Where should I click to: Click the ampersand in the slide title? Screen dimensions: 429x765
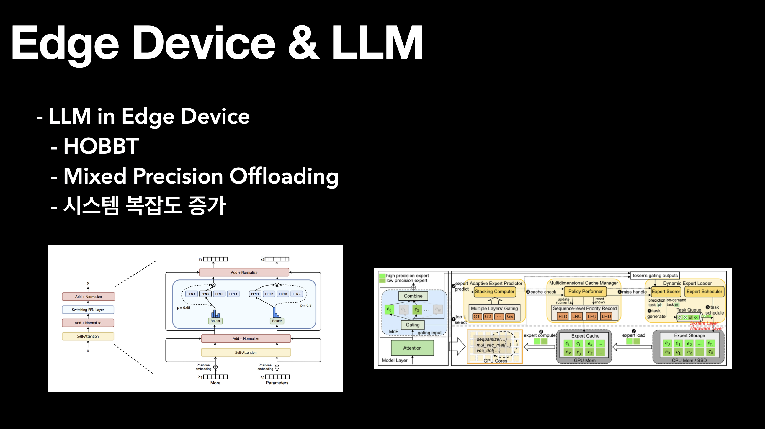pos(303,43)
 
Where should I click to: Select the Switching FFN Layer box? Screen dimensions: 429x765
pos(88,310)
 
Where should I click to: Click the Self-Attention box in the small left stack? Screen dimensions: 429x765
pos(88,336)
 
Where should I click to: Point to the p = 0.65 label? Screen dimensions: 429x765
pos(184,307)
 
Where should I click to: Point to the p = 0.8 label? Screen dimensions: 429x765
pos(306,305)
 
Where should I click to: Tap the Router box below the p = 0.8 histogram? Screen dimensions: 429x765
pos(277,321)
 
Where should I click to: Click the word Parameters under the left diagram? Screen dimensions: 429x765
pos(277,383)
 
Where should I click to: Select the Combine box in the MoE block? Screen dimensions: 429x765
pos(413,296)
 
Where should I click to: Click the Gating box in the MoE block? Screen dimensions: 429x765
pos(413,325)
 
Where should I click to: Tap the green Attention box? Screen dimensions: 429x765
pos(412,348)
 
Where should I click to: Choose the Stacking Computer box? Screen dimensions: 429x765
pos(494,292)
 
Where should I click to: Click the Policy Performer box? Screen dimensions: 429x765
pos(585,292)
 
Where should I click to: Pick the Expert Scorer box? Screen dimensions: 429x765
pos(666,292)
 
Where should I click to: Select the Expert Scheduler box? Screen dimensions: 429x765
pos(704,292)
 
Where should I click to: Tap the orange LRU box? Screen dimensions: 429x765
pos(576,317)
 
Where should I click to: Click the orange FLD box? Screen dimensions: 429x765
pos(563,317)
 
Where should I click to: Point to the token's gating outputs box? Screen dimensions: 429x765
pos(655,276)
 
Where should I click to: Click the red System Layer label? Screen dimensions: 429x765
pos(704,323)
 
